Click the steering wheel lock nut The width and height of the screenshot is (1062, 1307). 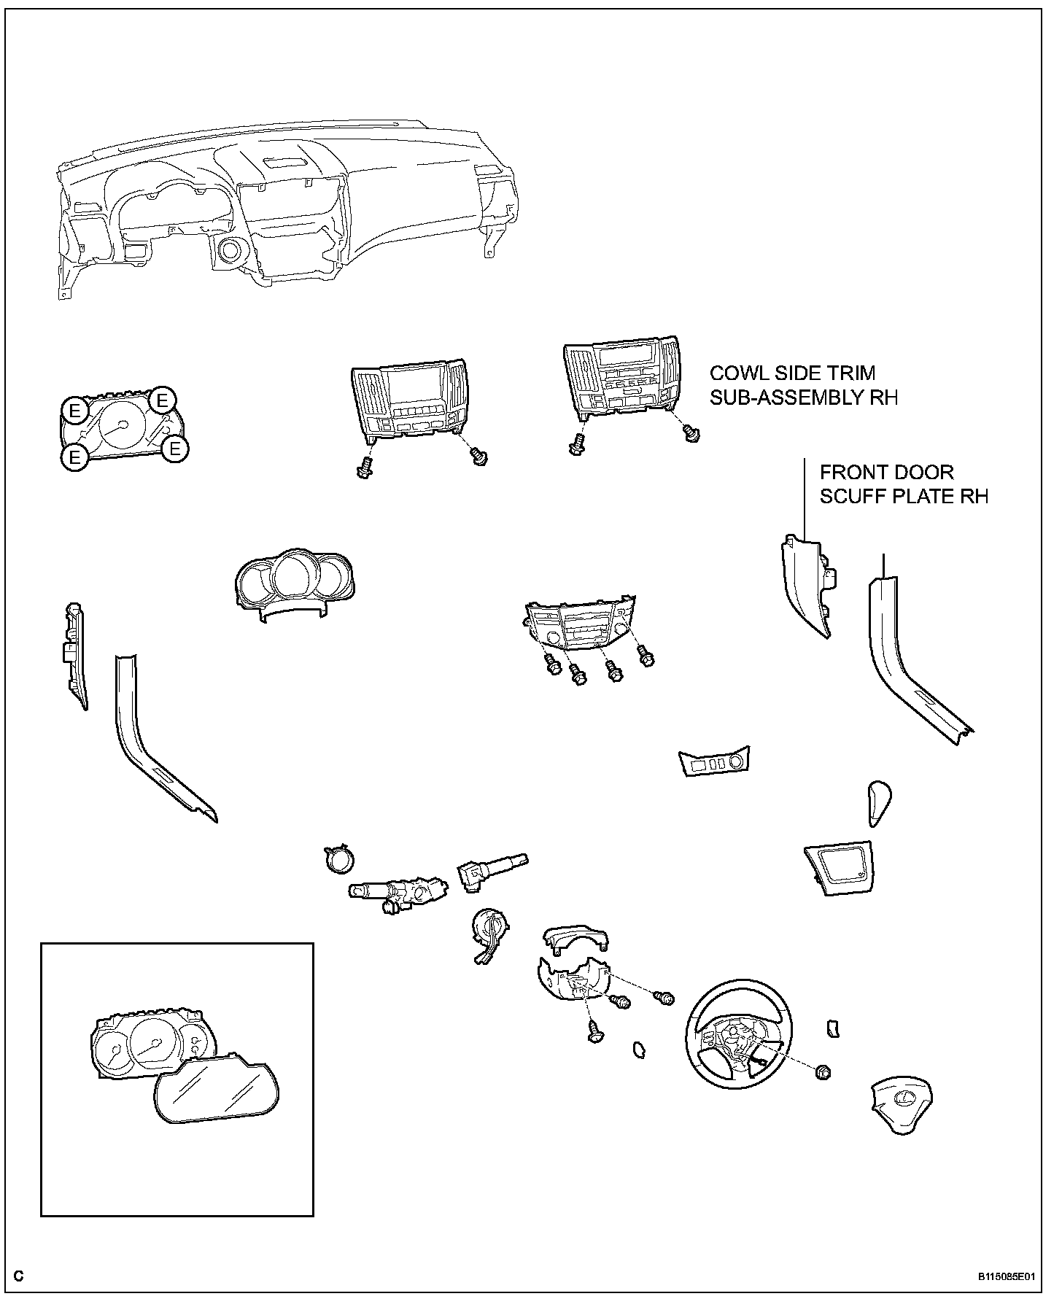click(825, 1071)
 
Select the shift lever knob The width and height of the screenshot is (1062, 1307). click(879, 802)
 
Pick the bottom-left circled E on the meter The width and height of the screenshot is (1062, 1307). click(74, 457)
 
